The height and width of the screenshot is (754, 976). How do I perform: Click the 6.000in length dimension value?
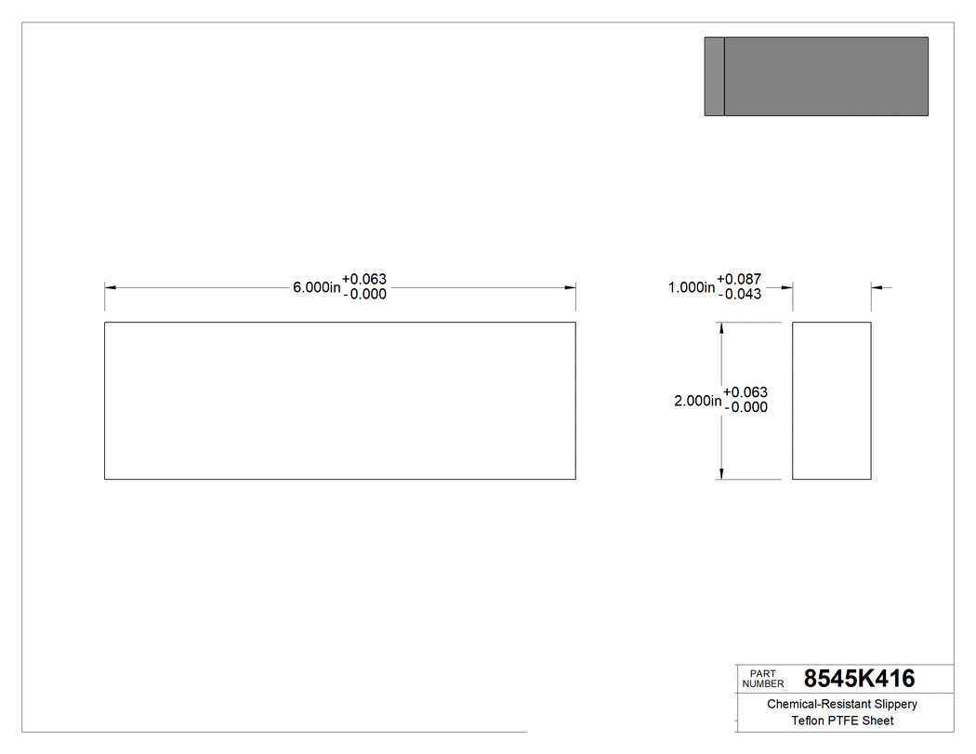click(317, 288)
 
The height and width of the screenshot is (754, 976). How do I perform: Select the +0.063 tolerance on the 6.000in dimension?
click(364, 280)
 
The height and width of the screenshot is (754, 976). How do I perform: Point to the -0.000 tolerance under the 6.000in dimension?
click(364, 296)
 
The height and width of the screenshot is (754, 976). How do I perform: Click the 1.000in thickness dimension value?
click(692, 288)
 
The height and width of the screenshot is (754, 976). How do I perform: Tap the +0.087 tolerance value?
click(740, 280)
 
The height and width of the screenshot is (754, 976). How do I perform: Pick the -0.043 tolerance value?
click(740, 296)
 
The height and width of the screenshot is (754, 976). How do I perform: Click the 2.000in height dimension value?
click(697, 401)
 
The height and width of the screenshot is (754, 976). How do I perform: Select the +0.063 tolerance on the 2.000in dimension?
click(745, 392)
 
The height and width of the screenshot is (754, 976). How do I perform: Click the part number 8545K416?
click(859, 679)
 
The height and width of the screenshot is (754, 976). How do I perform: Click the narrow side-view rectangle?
click(831, 401)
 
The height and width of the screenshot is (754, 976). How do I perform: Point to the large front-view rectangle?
click(339, 401)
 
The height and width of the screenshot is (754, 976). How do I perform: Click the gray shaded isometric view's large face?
click(825, 76)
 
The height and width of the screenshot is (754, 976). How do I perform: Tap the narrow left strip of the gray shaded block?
click(714, 76)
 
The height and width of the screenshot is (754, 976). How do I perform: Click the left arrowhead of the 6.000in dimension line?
click(110, 288)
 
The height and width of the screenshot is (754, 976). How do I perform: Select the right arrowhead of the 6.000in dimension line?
click(571, 288)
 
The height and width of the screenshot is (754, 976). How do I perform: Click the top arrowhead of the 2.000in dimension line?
click(721, 328)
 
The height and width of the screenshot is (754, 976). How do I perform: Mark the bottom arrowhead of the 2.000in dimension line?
click(721, 474)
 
